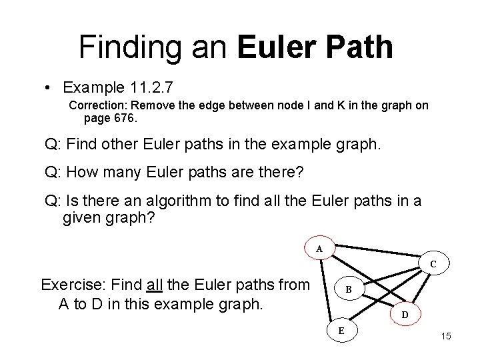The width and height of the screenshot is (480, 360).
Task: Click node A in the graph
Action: (319, 249)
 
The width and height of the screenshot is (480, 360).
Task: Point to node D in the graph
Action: (405, 313)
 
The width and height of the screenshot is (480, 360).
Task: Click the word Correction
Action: (97, 105)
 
